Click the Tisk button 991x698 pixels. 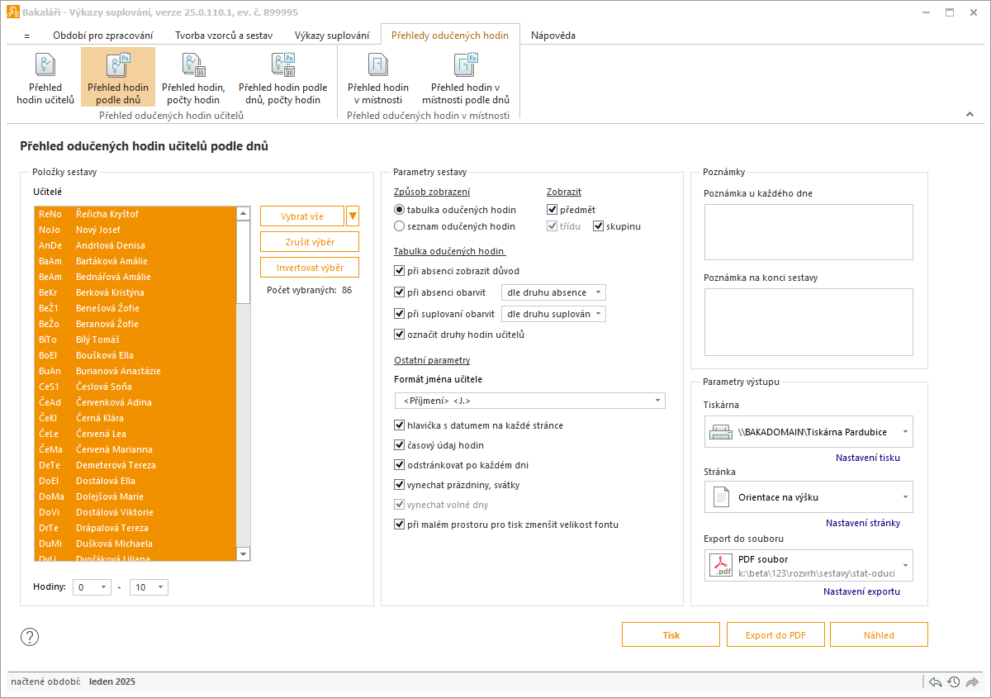pyautogui.click(x=671, y=634)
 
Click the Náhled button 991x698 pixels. pyautogui.click(x=879, y=634)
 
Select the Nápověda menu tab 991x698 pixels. pyautogui.click(x=553, y=36)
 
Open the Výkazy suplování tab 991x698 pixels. pyautogui.click(x=332, y=36)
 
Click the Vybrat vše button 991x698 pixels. pyautogui.click(x=302, y=216)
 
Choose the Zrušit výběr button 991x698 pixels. pyautogui.click(x=310, y=242)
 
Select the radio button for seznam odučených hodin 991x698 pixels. pyautogui.click(x=399, y=226)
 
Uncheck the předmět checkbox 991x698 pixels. pyautogui.click(x=552, y=209)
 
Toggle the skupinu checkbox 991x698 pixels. pyautogui.click(x=598, y=226)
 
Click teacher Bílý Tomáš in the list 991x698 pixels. pyautogui.click(x=97, y=340)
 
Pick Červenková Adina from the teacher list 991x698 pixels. pyautogui.click(x=114, y=402)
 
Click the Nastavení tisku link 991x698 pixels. pyautogui.click(x=868, y=458)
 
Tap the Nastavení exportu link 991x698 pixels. pyautogui.click(x=861, y=591)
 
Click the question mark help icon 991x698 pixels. pyautogui.click(x=30, y=637)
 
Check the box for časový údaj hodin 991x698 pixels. pyautogui.click(x=399, y=445)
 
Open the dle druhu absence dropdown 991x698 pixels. pyautogui.click(x=553, y=292)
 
